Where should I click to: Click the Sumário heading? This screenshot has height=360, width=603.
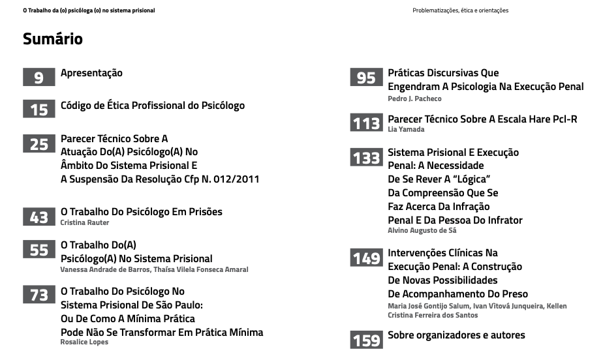coord(52,39)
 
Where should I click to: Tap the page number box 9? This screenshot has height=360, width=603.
coord(39,78)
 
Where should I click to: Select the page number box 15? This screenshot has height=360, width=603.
coord(39,110)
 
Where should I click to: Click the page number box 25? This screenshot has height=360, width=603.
coord(39,143)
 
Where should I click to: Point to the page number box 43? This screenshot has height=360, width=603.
coord(39,217)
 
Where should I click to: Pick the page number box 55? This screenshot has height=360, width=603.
coord(39,250)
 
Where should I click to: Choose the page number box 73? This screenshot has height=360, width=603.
coord(39,295)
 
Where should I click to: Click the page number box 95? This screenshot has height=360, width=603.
coord(366,78)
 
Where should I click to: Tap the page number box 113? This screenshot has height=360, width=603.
coord(366,123)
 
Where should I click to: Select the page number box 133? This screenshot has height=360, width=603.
coord(366,157)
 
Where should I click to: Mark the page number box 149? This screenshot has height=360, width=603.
coord(366,258)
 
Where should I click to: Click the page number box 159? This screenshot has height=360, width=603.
coord(366,340)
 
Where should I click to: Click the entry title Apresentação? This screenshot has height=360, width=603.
coord(91,73)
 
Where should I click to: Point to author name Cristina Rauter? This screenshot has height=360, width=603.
coord(85,223)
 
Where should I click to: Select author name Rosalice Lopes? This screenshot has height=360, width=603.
coord(84,342)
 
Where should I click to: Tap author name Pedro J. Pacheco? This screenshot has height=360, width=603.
coord(414,98)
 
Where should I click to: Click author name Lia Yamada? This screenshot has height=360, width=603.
coord(406,130)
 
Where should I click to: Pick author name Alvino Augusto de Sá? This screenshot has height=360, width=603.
coord(422,230)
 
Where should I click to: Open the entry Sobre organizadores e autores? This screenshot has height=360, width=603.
coord(456,335)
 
